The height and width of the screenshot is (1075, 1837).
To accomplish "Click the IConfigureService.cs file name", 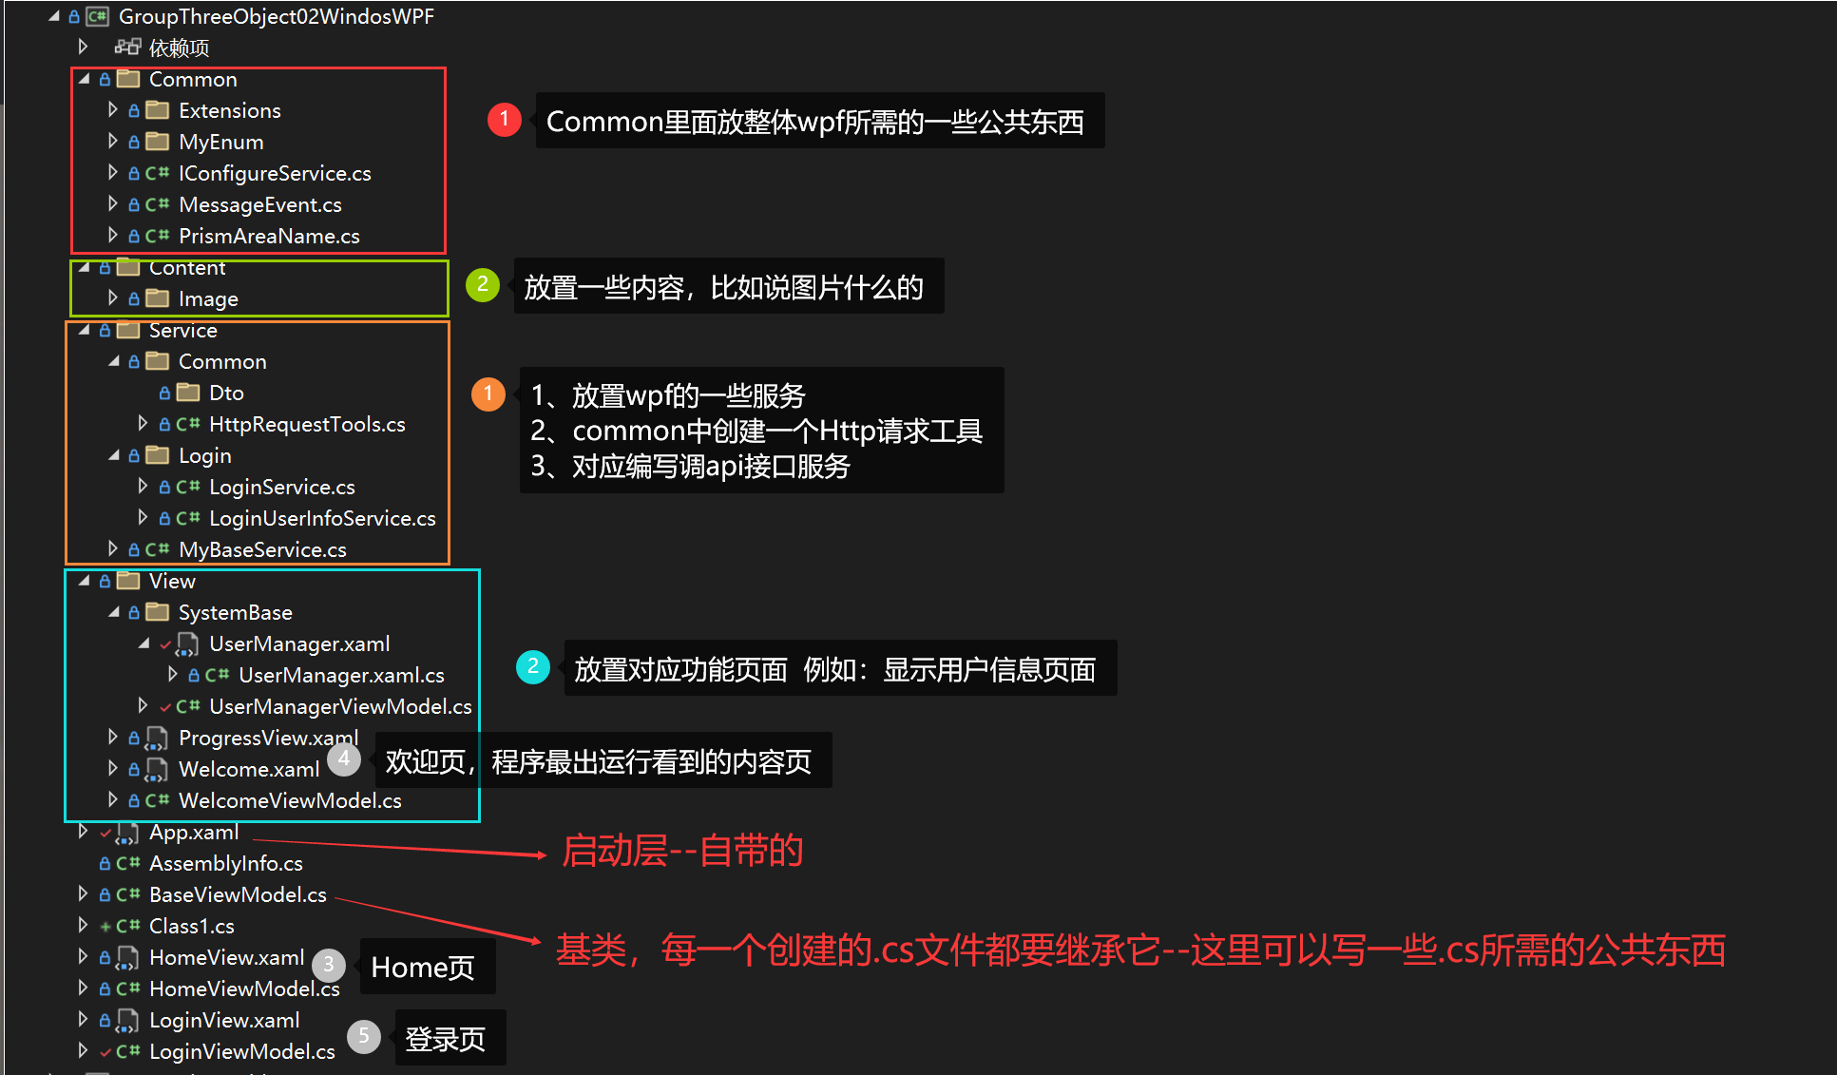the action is click(275, 173).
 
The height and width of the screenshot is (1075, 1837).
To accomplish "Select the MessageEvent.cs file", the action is click(259, 204).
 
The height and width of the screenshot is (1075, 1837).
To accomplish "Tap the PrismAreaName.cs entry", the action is click(269, 236).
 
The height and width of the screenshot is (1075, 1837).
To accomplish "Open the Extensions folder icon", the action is click(158, 110).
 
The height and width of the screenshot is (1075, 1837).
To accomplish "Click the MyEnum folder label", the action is click(220, 142).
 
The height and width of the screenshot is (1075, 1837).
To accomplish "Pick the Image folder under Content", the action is click(208, 298).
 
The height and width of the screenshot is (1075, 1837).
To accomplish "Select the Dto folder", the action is click(226, 393).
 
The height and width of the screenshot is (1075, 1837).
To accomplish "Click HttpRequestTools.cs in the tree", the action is click(307, 424).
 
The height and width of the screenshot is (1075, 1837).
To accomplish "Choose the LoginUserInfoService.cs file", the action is click(322, 518).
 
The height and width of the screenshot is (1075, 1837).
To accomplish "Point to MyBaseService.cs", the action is click(262, 549).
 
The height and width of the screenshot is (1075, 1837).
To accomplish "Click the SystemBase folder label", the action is click(235, 612).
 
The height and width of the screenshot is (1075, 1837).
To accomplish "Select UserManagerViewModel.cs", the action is click(340, 706).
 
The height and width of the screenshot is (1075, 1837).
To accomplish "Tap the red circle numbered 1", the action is click(504, 120).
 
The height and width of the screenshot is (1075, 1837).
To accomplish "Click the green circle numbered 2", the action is click(483, 284).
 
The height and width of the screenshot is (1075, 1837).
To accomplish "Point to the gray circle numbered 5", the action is click(364, 1036).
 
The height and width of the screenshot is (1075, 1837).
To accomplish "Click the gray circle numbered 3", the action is click(329, 965).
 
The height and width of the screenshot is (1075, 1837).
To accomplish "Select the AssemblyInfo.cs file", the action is click(225, 863).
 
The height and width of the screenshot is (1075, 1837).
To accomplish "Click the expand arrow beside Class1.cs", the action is click(83, 925).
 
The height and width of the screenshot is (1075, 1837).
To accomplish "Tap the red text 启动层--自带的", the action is click(682, 851).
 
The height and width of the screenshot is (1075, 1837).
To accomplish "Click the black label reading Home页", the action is click(423, 968).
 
